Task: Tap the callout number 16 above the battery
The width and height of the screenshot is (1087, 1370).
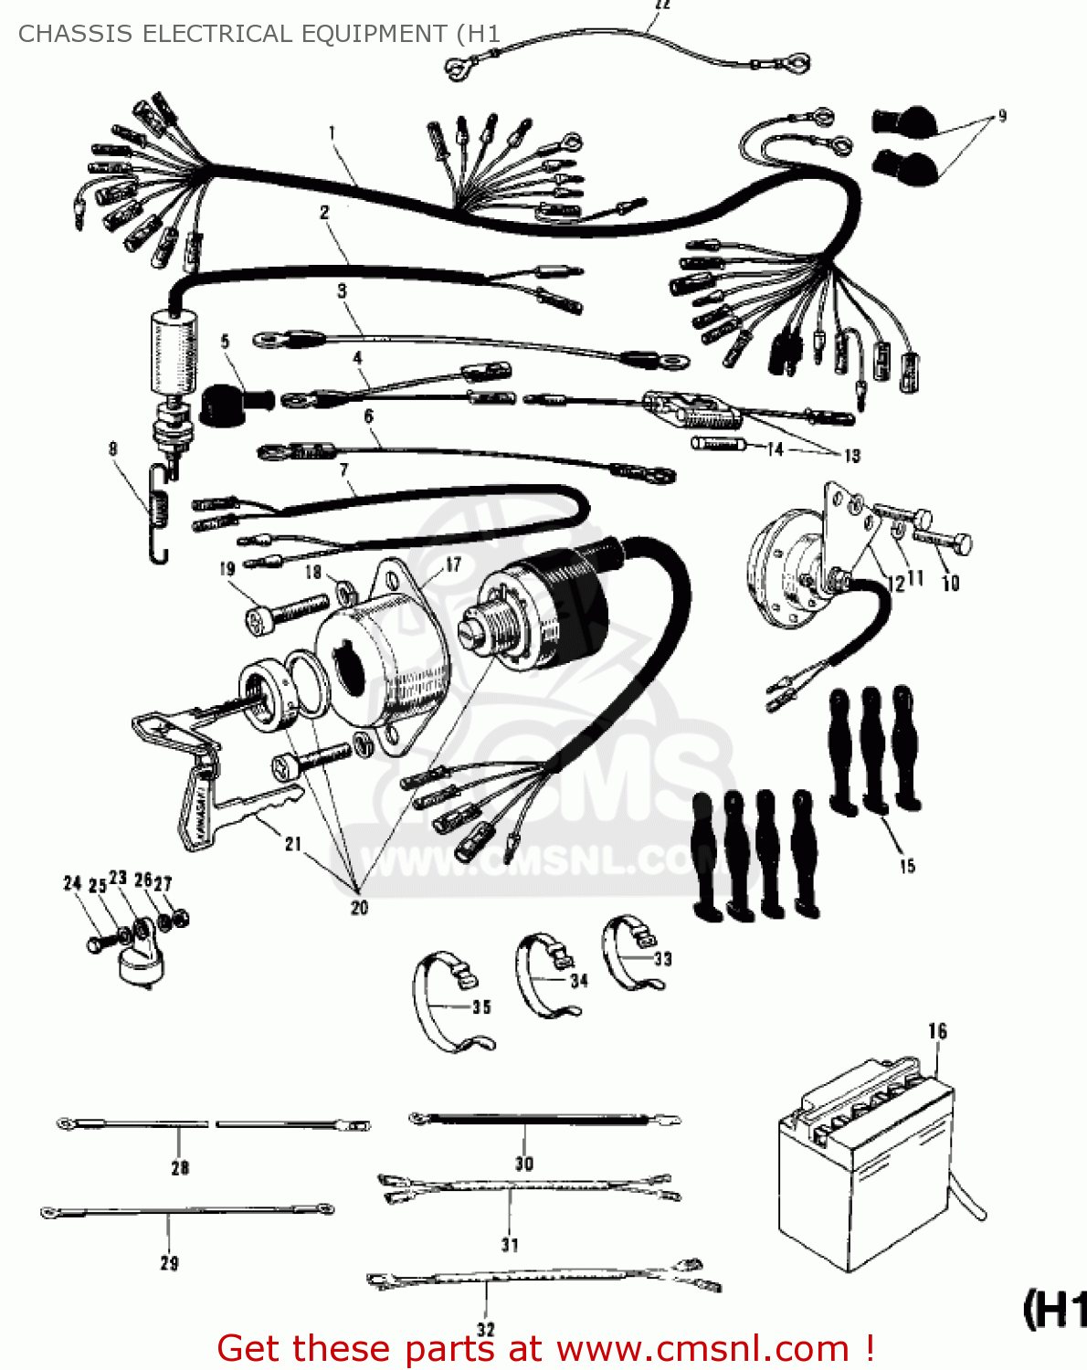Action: click(x=937, y=1031)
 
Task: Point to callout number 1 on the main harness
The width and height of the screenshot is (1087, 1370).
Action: click(x=332, y=133)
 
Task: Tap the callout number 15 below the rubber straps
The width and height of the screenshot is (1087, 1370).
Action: click(x=907, y=866)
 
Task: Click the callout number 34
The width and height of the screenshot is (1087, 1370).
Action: click(x=579, y=981)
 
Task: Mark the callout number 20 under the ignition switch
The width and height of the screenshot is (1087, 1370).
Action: click(x=359, y=907)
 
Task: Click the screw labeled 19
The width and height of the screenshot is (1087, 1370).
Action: click(x=288, y=611)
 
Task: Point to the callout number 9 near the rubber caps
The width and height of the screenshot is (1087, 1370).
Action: click(x=1002, y=116)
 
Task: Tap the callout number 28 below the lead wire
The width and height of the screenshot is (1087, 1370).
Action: click(x=180, y=1167)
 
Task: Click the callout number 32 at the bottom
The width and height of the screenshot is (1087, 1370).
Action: click(x=486, y=1330)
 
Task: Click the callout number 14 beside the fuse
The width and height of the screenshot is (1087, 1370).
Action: click(x=775, y=448)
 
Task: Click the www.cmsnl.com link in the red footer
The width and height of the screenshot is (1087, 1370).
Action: click(x=703, y=1348)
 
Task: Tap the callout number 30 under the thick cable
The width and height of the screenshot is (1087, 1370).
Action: click(x=523, y=1163)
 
